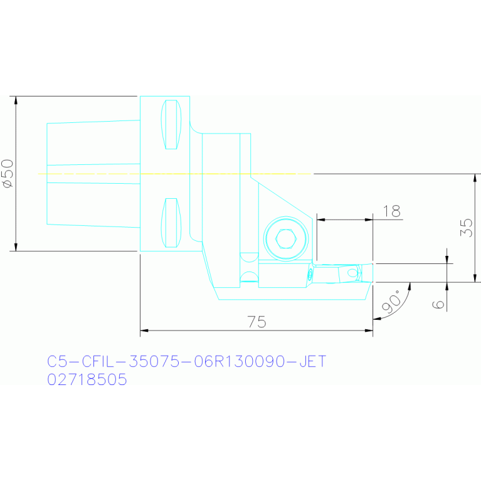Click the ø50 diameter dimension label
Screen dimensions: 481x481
tap(8, 173)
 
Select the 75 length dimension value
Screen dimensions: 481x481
tap(256, 322)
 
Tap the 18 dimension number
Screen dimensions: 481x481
tap(392, 211)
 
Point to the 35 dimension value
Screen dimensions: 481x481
tap(467, 227)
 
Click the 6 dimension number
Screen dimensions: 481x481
tap(438, 304)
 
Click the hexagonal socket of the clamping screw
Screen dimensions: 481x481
tap(286, 238)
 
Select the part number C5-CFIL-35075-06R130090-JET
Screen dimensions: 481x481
tap(186, 361)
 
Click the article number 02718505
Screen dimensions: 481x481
tap(87, 379)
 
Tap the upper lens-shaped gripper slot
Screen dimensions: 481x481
tap(171, 125)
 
